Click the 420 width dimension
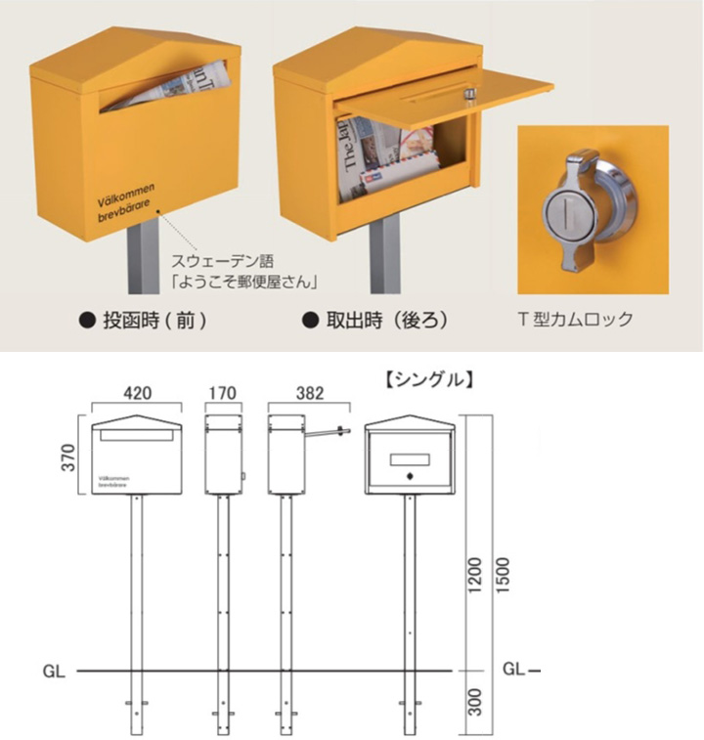tap(136, 394)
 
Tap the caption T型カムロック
tap(574, 319)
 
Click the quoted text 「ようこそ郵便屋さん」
tap(243, 283)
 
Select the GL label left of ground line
tap(54, 672)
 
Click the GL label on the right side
tap(514, 671)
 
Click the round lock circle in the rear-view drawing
tap(411, 477)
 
